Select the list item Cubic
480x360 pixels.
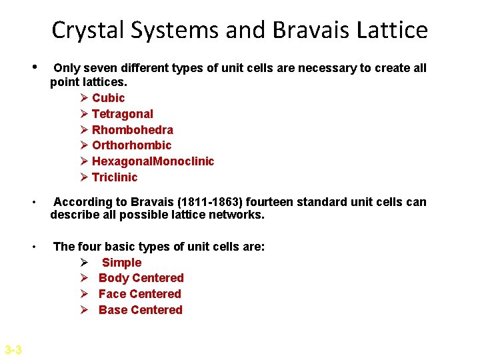tap(108, 98)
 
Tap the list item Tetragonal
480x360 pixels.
tap(122, 114)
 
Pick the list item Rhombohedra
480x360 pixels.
tap(132, 129)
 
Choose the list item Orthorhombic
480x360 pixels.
tap(131, 145)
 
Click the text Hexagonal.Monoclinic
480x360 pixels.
tap(153, 161)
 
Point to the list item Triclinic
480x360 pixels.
tap(114, 177)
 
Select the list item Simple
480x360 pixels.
tap(121, 263)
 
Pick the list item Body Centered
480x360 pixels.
tap(141, 278)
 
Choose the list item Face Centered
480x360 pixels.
tap(139, 294)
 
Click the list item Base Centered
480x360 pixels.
tap(140, 310)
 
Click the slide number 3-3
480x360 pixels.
tap(13, 350)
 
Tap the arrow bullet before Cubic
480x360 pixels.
tap(83, 98)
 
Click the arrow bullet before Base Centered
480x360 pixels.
tap(84, 310)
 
